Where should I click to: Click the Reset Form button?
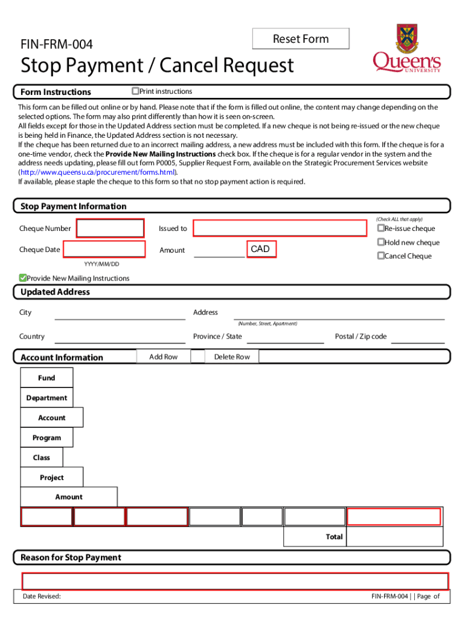[301, 39]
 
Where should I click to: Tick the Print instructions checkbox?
[135, 91]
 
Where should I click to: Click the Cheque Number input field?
[110, 228]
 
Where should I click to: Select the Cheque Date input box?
[104, 250]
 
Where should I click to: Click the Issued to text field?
[280, 228]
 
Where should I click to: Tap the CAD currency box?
[261, 249]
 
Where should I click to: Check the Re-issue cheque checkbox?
[381, 228]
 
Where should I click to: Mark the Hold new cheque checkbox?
[381, 242]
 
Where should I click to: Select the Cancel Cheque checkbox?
[381, 256]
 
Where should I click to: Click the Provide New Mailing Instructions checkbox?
[23, 278]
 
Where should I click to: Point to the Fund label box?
[46, 378]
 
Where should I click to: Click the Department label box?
[46, 398]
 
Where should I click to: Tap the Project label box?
[52, 478]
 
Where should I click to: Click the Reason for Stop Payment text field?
[235, 581]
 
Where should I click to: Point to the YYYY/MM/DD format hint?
[101, 264]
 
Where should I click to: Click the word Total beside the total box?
[334, 537]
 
